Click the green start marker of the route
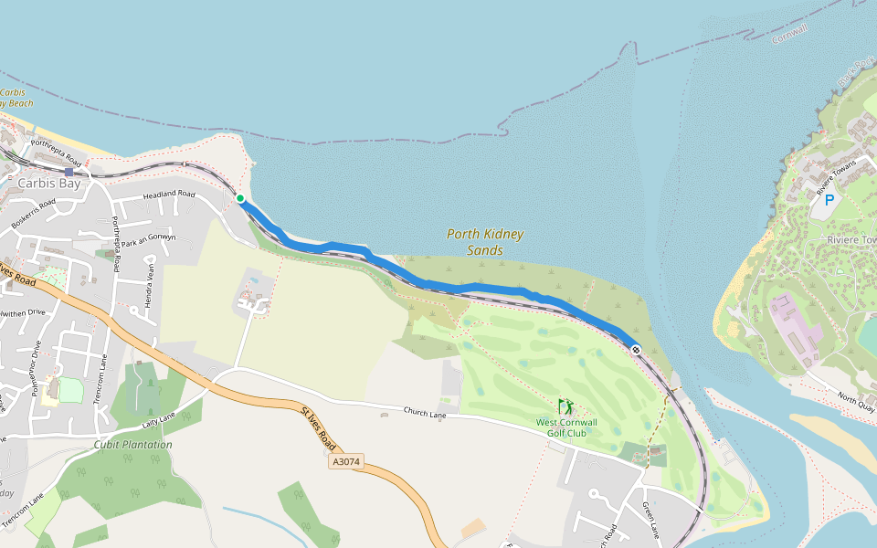coord(239,198)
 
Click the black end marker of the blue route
coord(635,350)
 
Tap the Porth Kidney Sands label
coord(485,242)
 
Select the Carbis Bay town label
coord(49,183)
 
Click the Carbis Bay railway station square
coord(69,172)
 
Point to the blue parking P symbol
coord(829,200)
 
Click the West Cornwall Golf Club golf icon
coord(565,406)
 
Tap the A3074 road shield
coord(346,462)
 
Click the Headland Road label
coord(169,195)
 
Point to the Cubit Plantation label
coord(132,445)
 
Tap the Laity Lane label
coord(158,420)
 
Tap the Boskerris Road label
coord(34,214)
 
